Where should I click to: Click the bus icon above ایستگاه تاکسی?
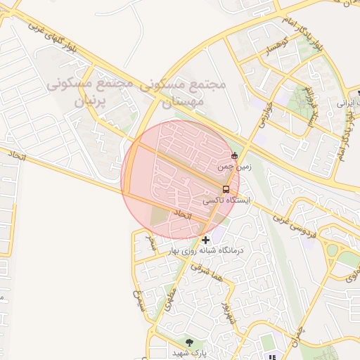pos(225,189)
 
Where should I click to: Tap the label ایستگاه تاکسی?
pos(221,200)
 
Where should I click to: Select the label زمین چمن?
pos(233,167)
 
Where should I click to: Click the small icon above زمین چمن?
pos(234,155)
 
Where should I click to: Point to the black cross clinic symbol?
pos(205,240)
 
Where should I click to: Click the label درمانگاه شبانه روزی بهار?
pos(206,250)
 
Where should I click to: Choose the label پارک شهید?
pos(191,352)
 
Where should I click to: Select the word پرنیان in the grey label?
pos(89,101)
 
